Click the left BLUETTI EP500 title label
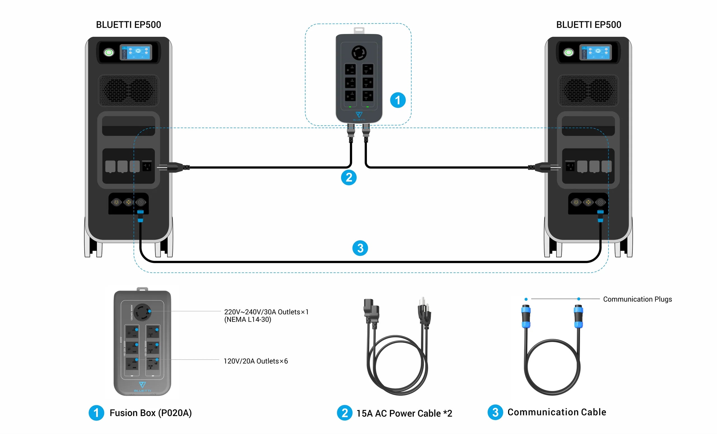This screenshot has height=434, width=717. (128, 25)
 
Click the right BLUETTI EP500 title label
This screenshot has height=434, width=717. (588, 25)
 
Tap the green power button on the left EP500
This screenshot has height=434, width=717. (109, 52)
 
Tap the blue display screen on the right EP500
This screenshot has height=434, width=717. (595, 52)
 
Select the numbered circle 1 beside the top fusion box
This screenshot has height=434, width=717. (397, 100)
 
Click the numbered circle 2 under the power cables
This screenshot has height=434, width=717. (349, 178)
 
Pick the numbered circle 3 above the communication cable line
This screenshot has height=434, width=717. (360, 248)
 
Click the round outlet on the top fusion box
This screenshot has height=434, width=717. (359, 53)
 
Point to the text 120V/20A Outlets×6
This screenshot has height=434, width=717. (255, 361)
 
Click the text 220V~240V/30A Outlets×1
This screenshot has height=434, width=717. (266, 312)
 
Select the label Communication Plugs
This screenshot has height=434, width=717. (637, 299)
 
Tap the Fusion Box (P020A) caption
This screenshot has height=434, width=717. (150, 413)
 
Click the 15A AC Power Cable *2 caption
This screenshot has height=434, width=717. (404, 413)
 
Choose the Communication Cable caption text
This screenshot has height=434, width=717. (557, 412)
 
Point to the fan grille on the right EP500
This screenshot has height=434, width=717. (588, 90)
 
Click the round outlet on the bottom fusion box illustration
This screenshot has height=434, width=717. (143, 312)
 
